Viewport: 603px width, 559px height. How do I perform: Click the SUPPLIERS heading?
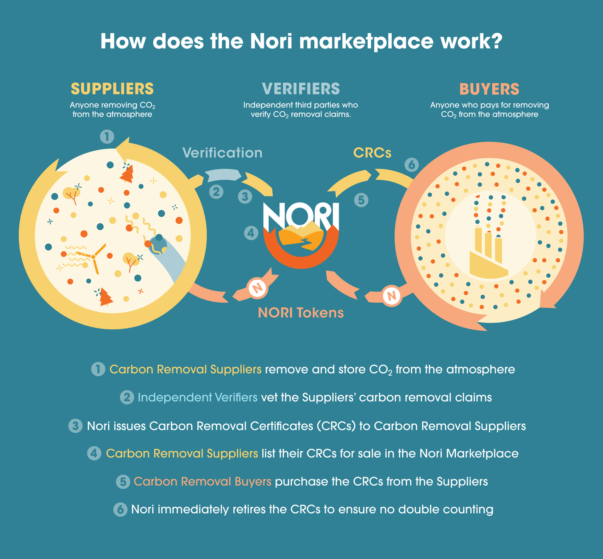click(112, 89)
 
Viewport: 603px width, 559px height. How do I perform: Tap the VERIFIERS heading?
click(301, 89)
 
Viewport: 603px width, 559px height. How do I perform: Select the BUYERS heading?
click(489, 89)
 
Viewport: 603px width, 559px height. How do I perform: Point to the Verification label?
click(223, 153)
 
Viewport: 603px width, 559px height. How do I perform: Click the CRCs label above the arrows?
click(372, 153)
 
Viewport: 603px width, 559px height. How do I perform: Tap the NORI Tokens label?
click(301, 312)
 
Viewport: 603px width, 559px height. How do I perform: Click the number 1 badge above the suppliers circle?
click(107, 136)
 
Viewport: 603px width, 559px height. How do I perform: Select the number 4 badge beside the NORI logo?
click(251, 233)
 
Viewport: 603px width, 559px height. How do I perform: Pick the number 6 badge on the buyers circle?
click(412, 165)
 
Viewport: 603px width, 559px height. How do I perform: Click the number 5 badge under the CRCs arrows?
click(361, 200)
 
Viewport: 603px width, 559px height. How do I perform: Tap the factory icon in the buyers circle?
click(488, 253)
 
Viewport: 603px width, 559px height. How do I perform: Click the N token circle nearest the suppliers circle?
click(257, 287)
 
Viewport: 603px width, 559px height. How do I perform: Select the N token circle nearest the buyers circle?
click(391, 296)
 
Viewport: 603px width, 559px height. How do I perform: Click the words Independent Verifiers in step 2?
click(197, 398)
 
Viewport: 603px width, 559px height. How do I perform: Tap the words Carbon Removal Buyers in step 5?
click(202, 482)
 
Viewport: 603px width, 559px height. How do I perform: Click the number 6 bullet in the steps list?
click(120, 509)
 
